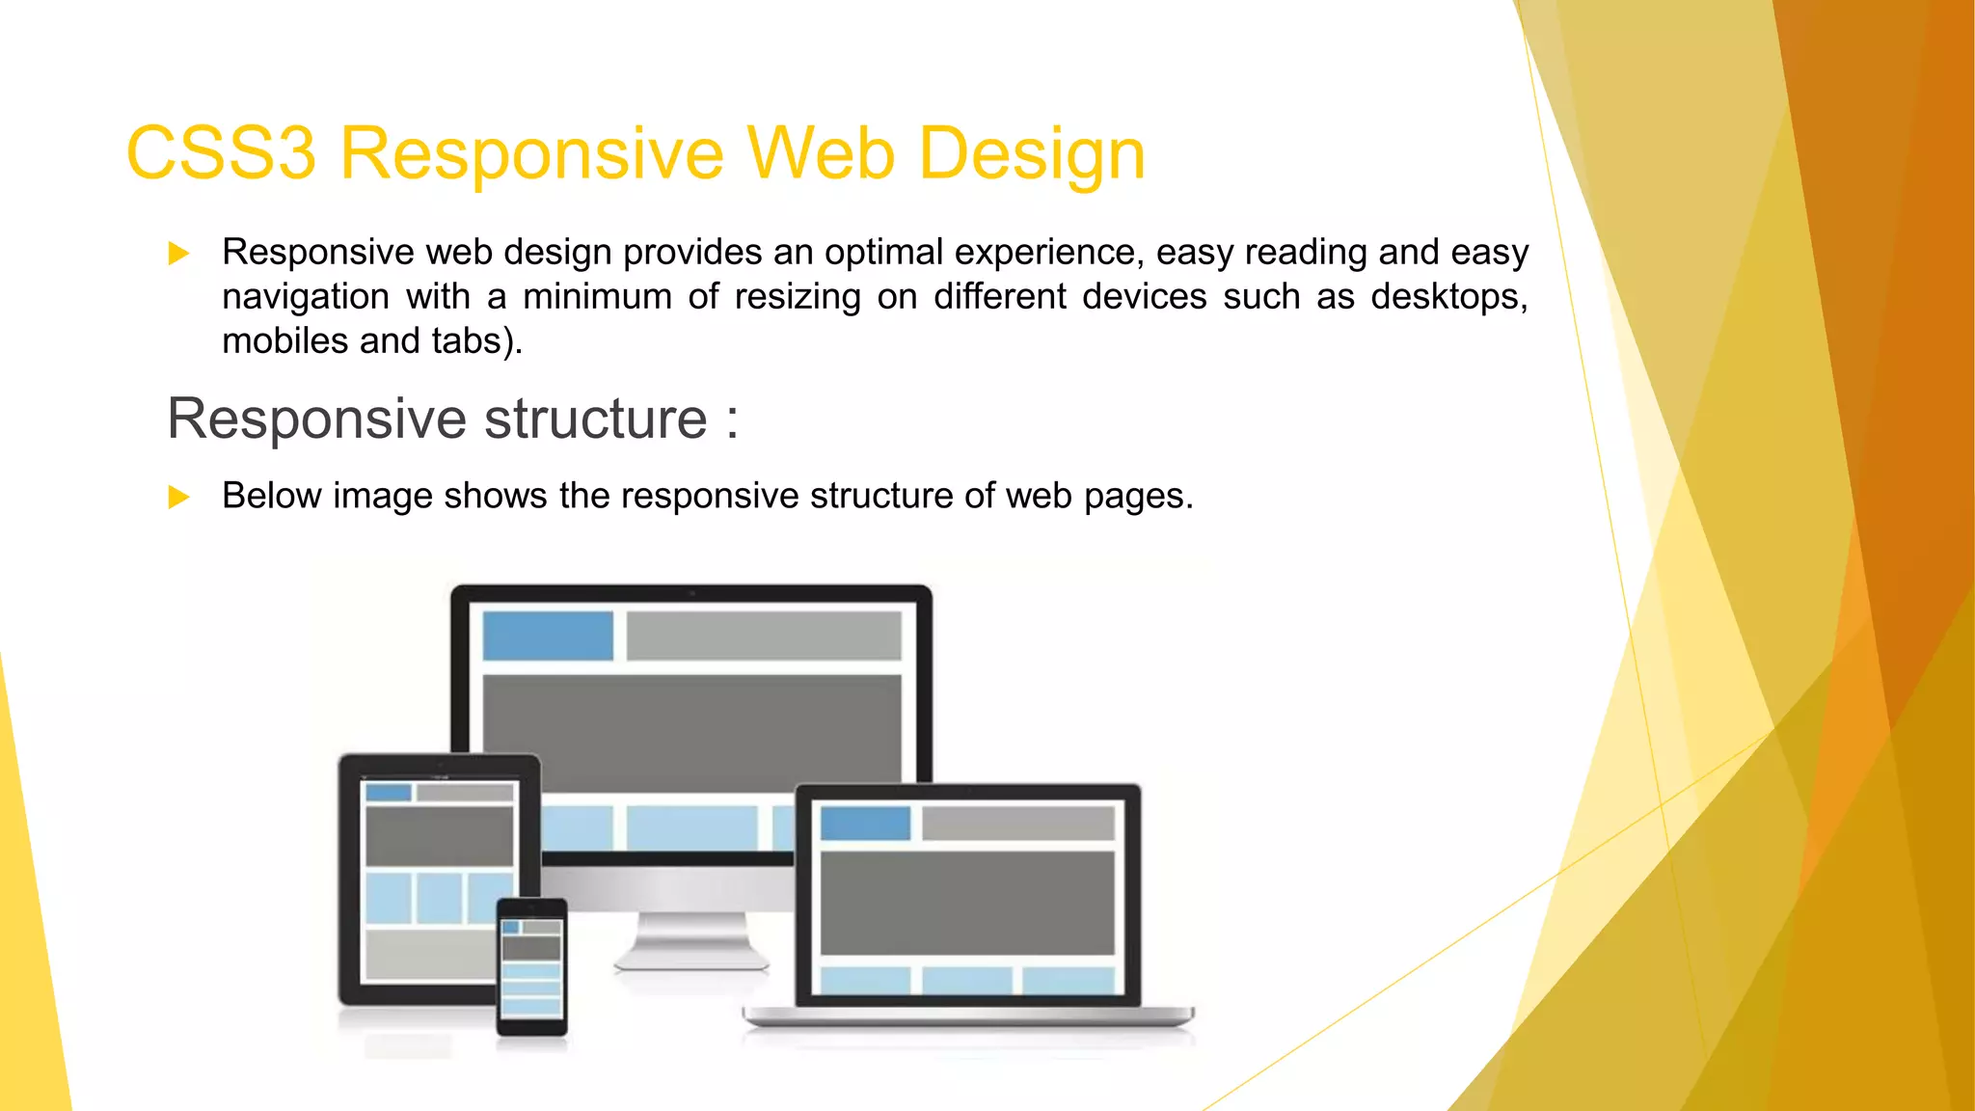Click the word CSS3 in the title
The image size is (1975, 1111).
(221, 154)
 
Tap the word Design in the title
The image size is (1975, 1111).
(1031, 154)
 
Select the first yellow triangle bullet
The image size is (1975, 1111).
(178, 254)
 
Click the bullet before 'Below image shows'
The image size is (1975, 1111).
(178, 497)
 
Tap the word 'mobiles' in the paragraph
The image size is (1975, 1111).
(284, 341)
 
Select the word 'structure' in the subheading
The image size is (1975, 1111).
(595, 420)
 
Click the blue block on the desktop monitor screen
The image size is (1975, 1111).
(548, 636)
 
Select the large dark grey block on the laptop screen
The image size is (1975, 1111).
(967, 903)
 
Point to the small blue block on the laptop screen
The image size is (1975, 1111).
(865, 824)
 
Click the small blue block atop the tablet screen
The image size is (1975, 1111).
(389, 793)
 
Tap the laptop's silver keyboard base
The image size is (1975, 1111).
(968, 1016)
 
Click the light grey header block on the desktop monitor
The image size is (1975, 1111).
(764, 636)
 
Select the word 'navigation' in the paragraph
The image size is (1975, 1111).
(306, 297)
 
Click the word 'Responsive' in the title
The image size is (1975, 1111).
(531, 154)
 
